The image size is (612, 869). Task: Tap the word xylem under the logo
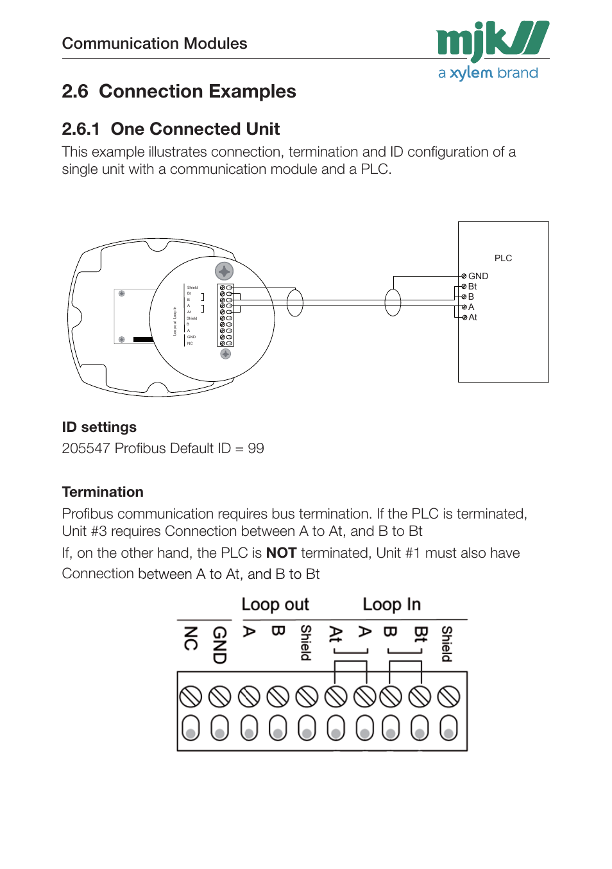click(471, 73)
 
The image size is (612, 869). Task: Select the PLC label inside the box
click(503, 258)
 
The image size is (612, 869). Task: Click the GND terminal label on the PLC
click(478, 276)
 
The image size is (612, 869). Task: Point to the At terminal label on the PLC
click(473, 317)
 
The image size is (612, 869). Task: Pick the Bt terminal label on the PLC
click(472, 286)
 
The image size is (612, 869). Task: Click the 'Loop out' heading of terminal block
click(275, 605)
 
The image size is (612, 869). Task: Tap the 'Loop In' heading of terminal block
click(391, 605)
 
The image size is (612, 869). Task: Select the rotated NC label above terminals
click(191, 638)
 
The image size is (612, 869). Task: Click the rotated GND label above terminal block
click(219, 644)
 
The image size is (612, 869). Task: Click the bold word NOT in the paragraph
click(281, 553)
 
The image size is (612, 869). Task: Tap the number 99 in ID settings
click(256, 448)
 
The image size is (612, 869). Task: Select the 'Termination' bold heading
click(103, 492)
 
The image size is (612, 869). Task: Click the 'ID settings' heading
click(99, 427)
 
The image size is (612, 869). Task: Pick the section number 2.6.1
click(81, 129)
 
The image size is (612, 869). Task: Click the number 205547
click(86, 448)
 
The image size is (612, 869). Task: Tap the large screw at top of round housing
click(224, 271)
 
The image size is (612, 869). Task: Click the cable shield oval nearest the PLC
click(393, 303)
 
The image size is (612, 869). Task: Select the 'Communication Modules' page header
click(155, 43)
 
